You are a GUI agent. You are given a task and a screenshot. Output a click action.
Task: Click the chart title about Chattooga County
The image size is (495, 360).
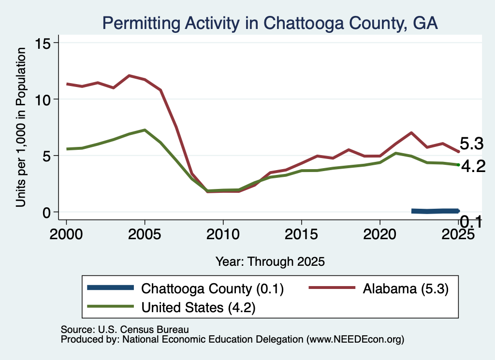pyautogui.click(x=270, y=23)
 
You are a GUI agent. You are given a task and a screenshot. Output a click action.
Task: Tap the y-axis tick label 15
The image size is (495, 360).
pyautogui.click(x=43, y=43)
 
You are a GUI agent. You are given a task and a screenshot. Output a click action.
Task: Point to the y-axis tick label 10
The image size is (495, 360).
pyautogui.click(x=43, y=100)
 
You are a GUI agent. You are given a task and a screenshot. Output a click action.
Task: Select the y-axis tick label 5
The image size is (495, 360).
pyautogui.click(x=46, y=156)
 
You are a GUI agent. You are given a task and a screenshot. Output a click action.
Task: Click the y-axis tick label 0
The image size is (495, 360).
pyautogui.click(x=46, y=213)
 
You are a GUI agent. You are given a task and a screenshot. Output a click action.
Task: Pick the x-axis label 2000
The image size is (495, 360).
pyautogui.click(x=66, y=234)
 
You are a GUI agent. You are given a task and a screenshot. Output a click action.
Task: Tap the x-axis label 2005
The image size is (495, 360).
pyautogui.click(x=145, y=234)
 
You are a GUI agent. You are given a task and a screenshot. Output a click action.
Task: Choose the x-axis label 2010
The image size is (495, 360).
pyautogui.click(x=223, y=234)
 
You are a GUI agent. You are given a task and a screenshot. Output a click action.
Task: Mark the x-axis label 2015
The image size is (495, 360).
pyautogui.click(x=302, y=234)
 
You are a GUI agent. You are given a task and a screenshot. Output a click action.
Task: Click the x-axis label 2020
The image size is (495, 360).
pyautogui.click(x=380, y=234)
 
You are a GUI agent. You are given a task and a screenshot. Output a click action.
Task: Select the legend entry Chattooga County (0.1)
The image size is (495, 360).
pyautogui.click(x=186, y=288)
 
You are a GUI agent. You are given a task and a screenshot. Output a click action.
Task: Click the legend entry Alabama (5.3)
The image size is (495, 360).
pyautogui.click(x=379, y=288)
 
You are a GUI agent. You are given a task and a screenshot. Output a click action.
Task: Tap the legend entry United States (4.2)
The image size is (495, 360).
pyautogui.click(x=171, y=307)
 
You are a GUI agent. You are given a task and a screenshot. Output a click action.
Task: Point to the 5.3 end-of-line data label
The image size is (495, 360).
pyautogui.click(x=472, y=144)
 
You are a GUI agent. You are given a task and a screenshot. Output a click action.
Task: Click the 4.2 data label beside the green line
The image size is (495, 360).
pyautogui.click(x=473, y=166)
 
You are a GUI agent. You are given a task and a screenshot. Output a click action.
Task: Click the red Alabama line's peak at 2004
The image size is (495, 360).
pyautogui.click(x=129, y=76)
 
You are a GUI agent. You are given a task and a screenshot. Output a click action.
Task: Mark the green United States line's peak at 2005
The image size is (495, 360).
pyautogui.click(x=145, y=130)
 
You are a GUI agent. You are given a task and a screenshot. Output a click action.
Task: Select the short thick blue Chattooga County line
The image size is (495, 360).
pyautogui.click(x=436, y=211)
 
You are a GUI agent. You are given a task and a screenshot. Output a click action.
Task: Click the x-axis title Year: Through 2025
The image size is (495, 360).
pyautogui.click(x=270, y=261)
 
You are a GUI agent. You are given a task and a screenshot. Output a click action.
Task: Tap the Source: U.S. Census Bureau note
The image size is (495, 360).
pyautogui.click(x=125, y=330)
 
